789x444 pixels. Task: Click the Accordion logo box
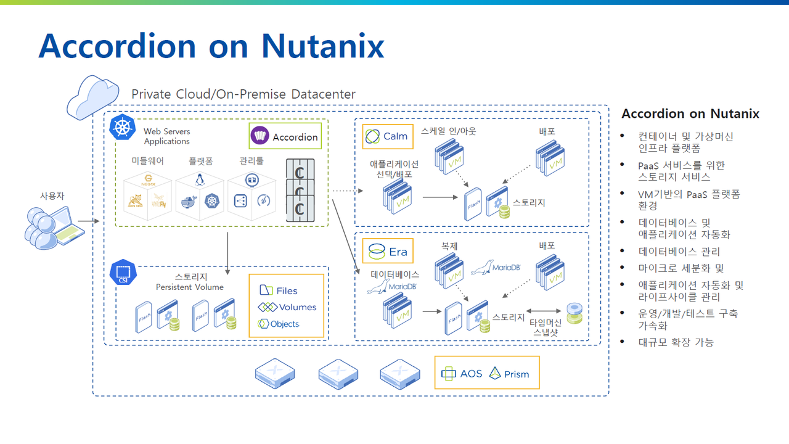[285, 136]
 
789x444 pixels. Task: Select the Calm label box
[388, 136]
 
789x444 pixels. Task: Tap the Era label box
[388, 252]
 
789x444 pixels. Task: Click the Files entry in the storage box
[279, 290]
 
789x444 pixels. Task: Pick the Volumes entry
[287, 307]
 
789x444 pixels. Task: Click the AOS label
[462, 373]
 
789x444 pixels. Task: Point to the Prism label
[509, 374]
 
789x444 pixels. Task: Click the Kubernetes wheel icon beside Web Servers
[123, 128]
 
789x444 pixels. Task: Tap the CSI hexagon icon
[123, 273]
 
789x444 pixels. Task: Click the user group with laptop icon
[53, 226]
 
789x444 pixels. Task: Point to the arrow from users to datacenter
[88, 220]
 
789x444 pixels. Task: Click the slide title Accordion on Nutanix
[211, 46]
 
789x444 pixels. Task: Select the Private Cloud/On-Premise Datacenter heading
[243, 94]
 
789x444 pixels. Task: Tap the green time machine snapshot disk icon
[574, 313]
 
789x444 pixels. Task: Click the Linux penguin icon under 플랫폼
[200, 179]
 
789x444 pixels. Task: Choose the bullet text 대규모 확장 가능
[676, 342]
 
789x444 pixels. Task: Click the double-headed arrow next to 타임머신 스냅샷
[543, 311]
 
